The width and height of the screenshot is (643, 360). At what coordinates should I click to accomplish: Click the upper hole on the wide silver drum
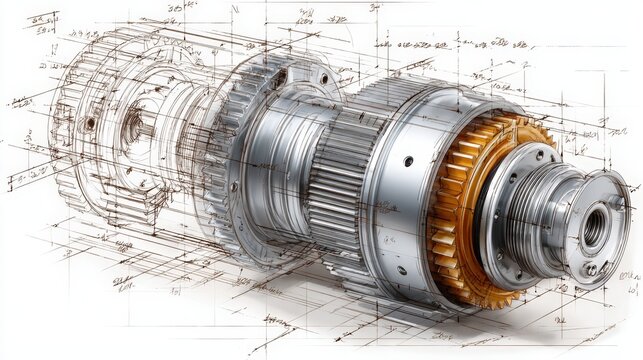coord(408,160)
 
